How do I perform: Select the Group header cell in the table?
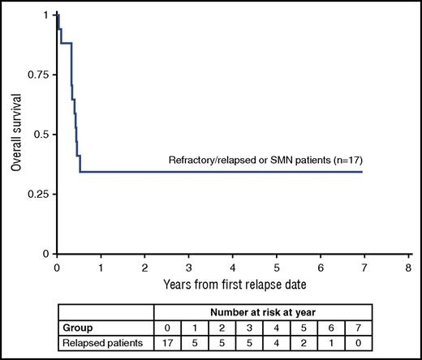coord(79,328)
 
